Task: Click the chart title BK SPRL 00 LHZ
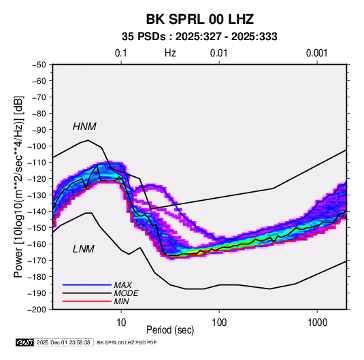pos(199,19)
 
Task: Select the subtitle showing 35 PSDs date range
pos(199,37)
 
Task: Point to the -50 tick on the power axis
pos(39,65)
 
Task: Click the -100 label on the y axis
pos(37,146)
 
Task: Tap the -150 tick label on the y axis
pos(37,228)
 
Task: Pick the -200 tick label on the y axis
pos(37,310)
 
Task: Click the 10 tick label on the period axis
pos(121,323)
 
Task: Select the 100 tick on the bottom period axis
pos(219,323)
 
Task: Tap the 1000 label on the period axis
pos(317,323)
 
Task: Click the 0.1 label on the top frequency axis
pos(121,53)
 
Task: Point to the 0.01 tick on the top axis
pos(219,53)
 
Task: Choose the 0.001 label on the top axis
pos(317,53)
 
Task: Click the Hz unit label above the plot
pos(170,53)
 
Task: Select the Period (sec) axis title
pos(170,330)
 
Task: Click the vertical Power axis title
pos(18,186)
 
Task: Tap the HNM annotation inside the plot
pos(84,127)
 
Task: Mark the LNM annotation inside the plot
pos(84,249)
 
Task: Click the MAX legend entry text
pos(123,285)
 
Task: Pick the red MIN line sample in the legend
pos(87,301)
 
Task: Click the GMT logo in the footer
pos(24,342)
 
